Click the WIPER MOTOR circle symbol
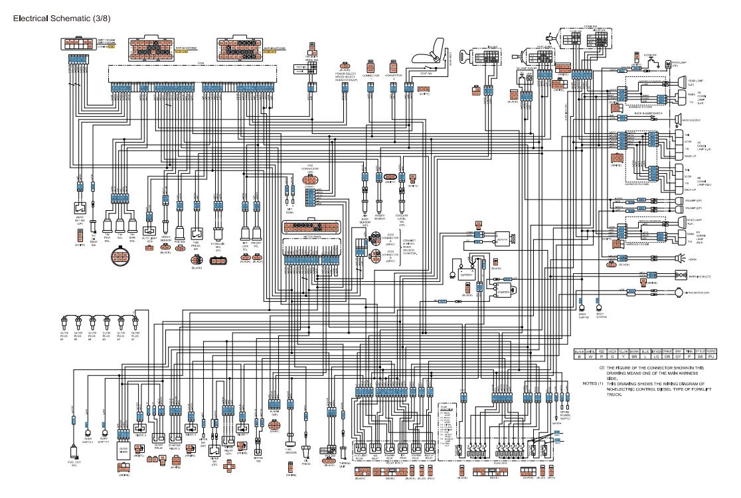(x=679, y=292)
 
